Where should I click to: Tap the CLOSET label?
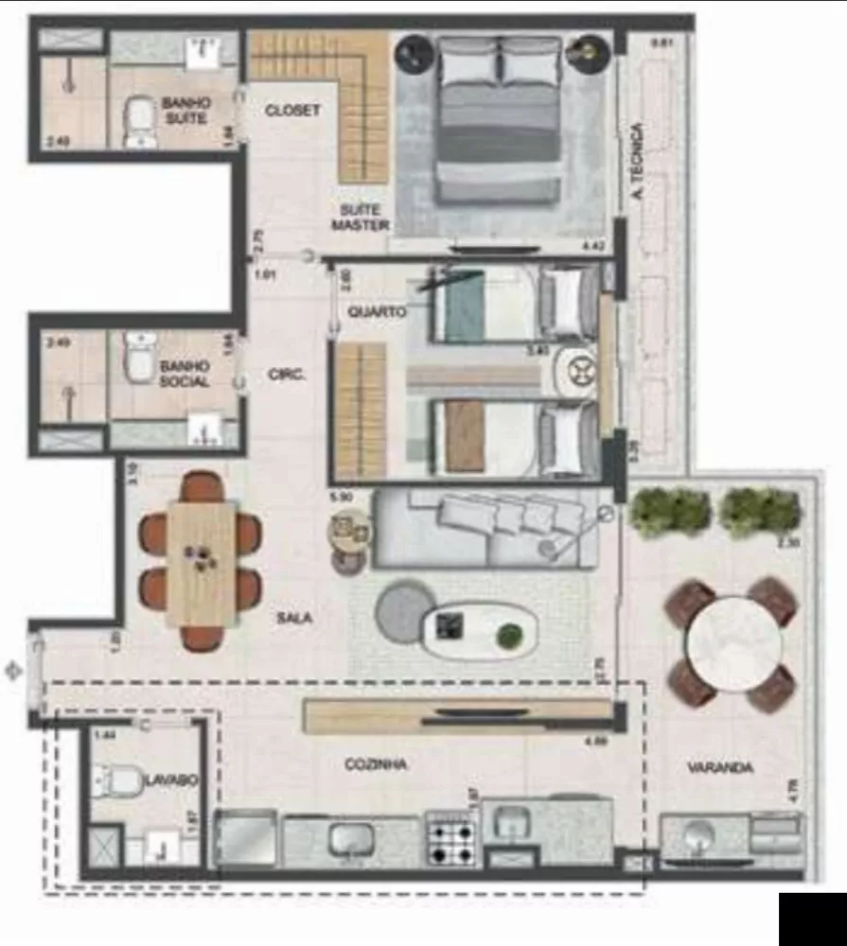pos(292,111)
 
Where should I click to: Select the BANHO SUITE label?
pos(185,110)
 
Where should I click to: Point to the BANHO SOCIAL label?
pos(184,373)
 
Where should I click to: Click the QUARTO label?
pos(377,311)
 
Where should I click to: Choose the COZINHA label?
pos(376,764)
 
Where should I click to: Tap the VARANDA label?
pos(720,768)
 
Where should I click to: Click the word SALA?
pos(294,618)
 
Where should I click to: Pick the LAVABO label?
pos(171,780)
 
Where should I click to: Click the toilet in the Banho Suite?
pos(141,120)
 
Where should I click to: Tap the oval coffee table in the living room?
pos(480,630)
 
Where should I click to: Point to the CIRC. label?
pos(287,375)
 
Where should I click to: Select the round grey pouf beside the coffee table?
pos(405,611)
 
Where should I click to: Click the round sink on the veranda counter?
pos(698,836)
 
